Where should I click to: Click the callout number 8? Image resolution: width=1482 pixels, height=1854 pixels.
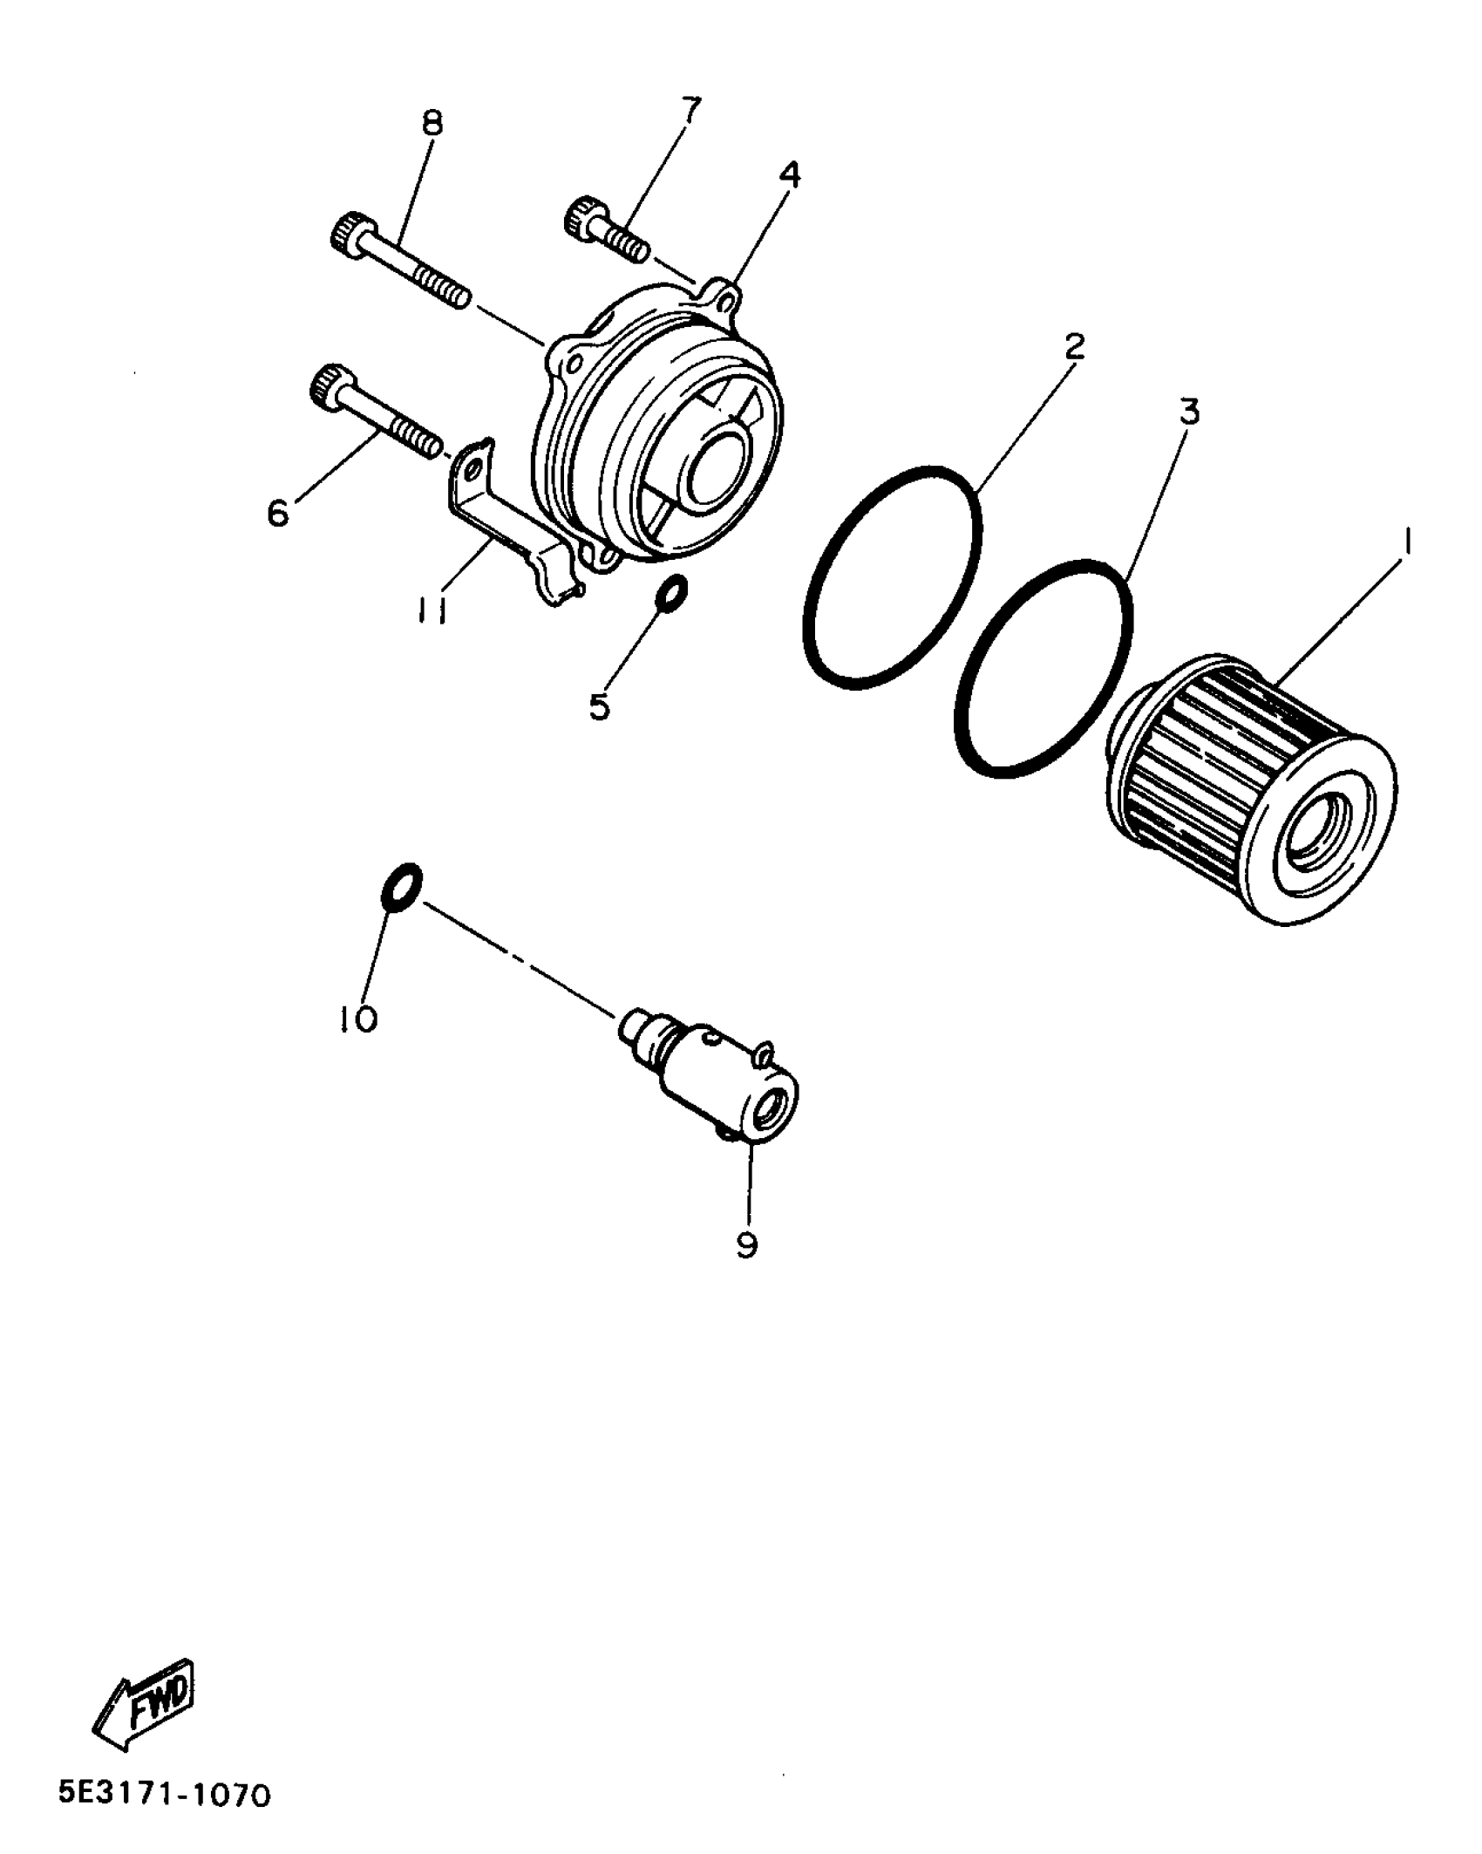(x=432, y=123)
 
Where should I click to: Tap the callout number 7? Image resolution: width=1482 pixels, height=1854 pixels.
(x=689, y=111)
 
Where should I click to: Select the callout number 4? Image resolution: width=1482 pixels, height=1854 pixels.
(x=789, y=176)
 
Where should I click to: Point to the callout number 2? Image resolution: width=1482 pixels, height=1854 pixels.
(x=1075, y=347)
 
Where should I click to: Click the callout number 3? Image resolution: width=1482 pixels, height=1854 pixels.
(x=1189, y=412)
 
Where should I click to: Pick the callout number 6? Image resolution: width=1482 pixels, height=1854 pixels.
(x=277, y=514)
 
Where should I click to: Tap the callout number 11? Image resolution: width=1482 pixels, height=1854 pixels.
(x=432, y=613)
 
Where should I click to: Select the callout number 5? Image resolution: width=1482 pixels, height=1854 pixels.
(x=600, y=706)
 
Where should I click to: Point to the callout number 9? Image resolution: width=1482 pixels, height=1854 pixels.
(x=747, y=1245)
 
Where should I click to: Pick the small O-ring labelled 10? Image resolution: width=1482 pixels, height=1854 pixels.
(x=402, y=888)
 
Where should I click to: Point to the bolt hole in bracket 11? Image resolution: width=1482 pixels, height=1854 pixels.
(x=473, y=472)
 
